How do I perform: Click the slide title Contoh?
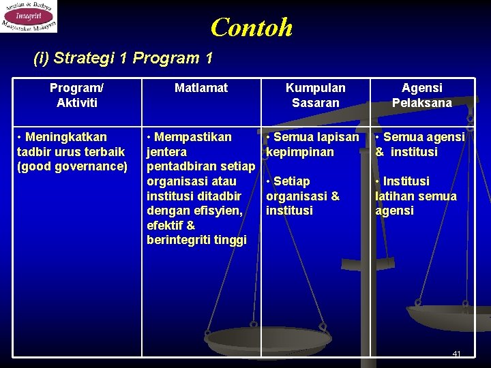pyautogui.click(x=252, y=27)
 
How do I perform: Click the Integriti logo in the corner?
pyautogui.click(x=29, y=16)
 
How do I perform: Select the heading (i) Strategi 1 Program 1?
pyautogui.click(x=123, y=58)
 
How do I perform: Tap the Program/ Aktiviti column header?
pyautogui.click(x=77, y=95)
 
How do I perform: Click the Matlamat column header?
pyautogui.click(x=201, y=88)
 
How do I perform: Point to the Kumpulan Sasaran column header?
pyautogui.click(x=315, y=95)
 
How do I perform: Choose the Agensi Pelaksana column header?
pyautogui.click(x=421, y=95)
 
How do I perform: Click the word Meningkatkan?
pyautogui.click(x=66, y=137)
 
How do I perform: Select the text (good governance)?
pyautogui.click(x=72, y=166)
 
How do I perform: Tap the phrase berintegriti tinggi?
pyautogui.click(x=196, y=240)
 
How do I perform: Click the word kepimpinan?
pyautogui.click(x=300, y=152)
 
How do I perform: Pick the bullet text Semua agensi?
pyautogui.click(x=423, y=137)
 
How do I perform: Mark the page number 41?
pyautogui.click(x=457, y=354)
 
